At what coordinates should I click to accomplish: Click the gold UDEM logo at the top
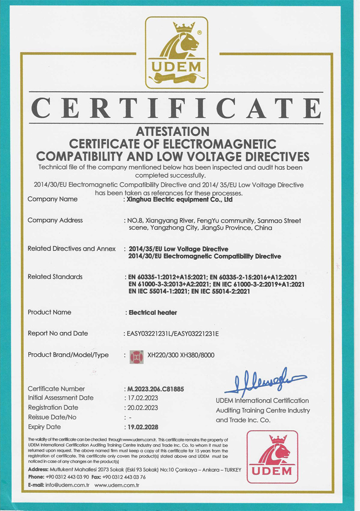point(177,53)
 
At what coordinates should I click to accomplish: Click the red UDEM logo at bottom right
point(272,456)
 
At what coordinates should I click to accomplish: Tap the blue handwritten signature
point(265,380)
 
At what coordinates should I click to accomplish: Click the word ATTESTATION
point(173,131)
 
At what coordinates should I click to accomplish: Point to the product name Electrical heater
point(153,312)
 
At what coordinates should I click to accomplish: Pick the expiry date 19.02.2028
point(142,427)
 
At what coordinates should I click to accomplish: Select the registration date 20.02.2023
point(142,407)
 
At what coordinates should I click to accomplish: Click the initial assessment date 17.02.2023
point(142,398)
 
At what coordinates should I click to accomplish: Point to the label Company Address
point(55,220)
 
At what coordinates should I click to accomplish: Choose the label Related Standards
point(55,277)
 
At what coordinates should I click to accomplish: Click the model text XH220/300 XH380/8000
point(181,356)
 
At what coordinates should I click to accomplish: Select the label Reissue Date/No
point(52,417)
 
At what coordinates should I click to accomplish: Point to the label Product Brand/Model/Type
point(68,355)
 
